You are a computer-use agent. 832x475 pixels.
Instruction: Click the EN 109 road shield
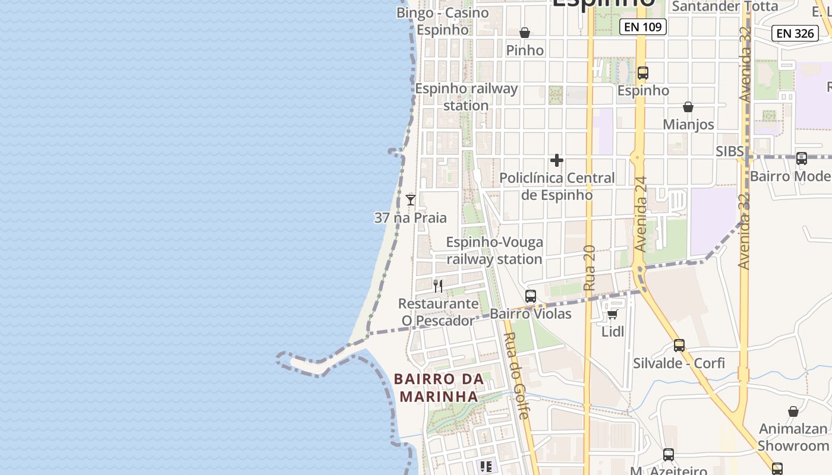click(643, 27)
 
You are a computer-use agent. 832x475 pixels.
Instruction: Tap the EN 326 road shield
click(795, 33)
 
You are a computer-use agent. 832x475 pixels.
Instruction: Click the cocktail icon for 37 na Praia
click(410, 199)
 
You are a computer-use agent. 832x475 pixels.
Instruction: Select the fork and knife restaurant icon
click(438, 286)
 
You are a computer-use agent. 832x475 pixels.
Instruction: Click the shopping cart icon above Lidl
click(613, 313)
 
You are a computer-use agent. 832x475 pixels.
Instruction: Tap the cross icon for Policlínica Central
click(557, 160)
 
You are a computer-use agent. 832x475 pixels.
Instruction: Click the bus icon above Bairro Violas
click(531, 296)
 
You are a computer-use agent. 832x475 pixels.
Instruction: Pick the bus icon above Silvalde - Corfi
click(679, 345)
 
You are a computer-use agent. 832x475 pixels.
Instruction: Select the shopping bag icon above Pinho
click(525, 33)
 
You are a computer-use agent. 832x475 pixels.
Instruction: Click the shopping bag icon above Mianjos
click(688, 107)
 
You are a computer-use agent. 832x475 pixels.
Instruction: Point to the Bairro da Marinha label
click(439, 388)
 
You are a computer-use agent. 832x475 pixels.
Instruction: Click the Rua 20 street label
click(589, 268)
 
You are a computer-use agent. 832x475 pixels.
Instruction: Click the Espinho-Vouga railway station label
click(494, 251)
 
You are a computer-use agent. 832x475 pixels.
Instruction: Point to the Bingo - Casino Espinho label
click(443, 21)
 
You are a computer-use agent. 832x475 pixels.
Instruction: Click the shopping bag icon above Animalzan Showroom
click(793, 411)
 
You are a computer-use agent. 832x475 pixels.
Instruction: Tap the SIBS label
click(729, 151)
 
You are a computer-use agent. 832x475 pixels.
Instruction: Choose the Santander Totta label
click(724, 7)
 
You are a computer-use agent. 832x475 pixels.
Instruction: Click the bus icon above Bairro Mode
click(802, 159)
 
